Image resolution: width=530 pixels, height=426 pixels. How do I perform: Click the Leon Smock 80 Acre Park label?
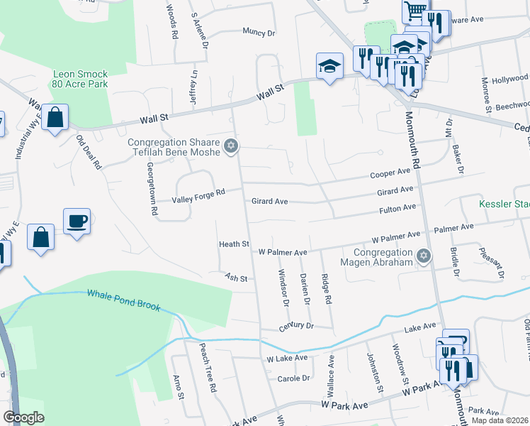point(83,78)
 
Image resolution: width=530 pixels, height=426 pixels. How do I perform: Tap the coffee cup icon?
point(77,222)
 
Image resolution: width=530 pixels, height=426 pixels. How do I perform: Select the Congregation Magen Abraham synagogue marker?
point(424,256)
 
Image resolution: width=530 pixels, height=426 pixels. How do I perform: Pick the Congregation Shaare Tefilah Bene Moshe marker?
point(230,147)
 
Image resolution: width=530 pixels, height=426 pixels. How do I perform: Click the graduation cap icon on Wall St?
point(329,67)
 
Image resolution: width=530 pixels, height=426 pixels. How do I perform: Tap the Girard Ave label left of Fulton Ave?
point(269,202)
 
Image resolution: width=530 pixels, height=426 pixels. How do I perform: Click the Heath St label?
point(234,244)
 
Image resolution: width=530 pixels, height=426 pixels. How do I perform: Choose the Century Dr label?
point(295,325)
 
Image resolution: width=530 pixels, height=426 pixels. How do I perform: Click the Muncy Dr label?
point(258,32)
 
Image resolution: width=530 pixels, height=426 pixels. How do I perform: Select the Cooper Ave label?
point(390,174)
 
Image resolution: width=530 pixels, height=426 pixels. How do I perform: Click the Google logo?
point(23,417)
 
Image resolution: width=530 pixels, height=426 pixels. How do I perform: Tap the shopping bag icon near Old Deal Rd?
point(55,117)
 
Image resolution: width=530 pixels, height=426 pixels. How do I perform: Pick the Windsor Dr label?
point(284,288)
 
